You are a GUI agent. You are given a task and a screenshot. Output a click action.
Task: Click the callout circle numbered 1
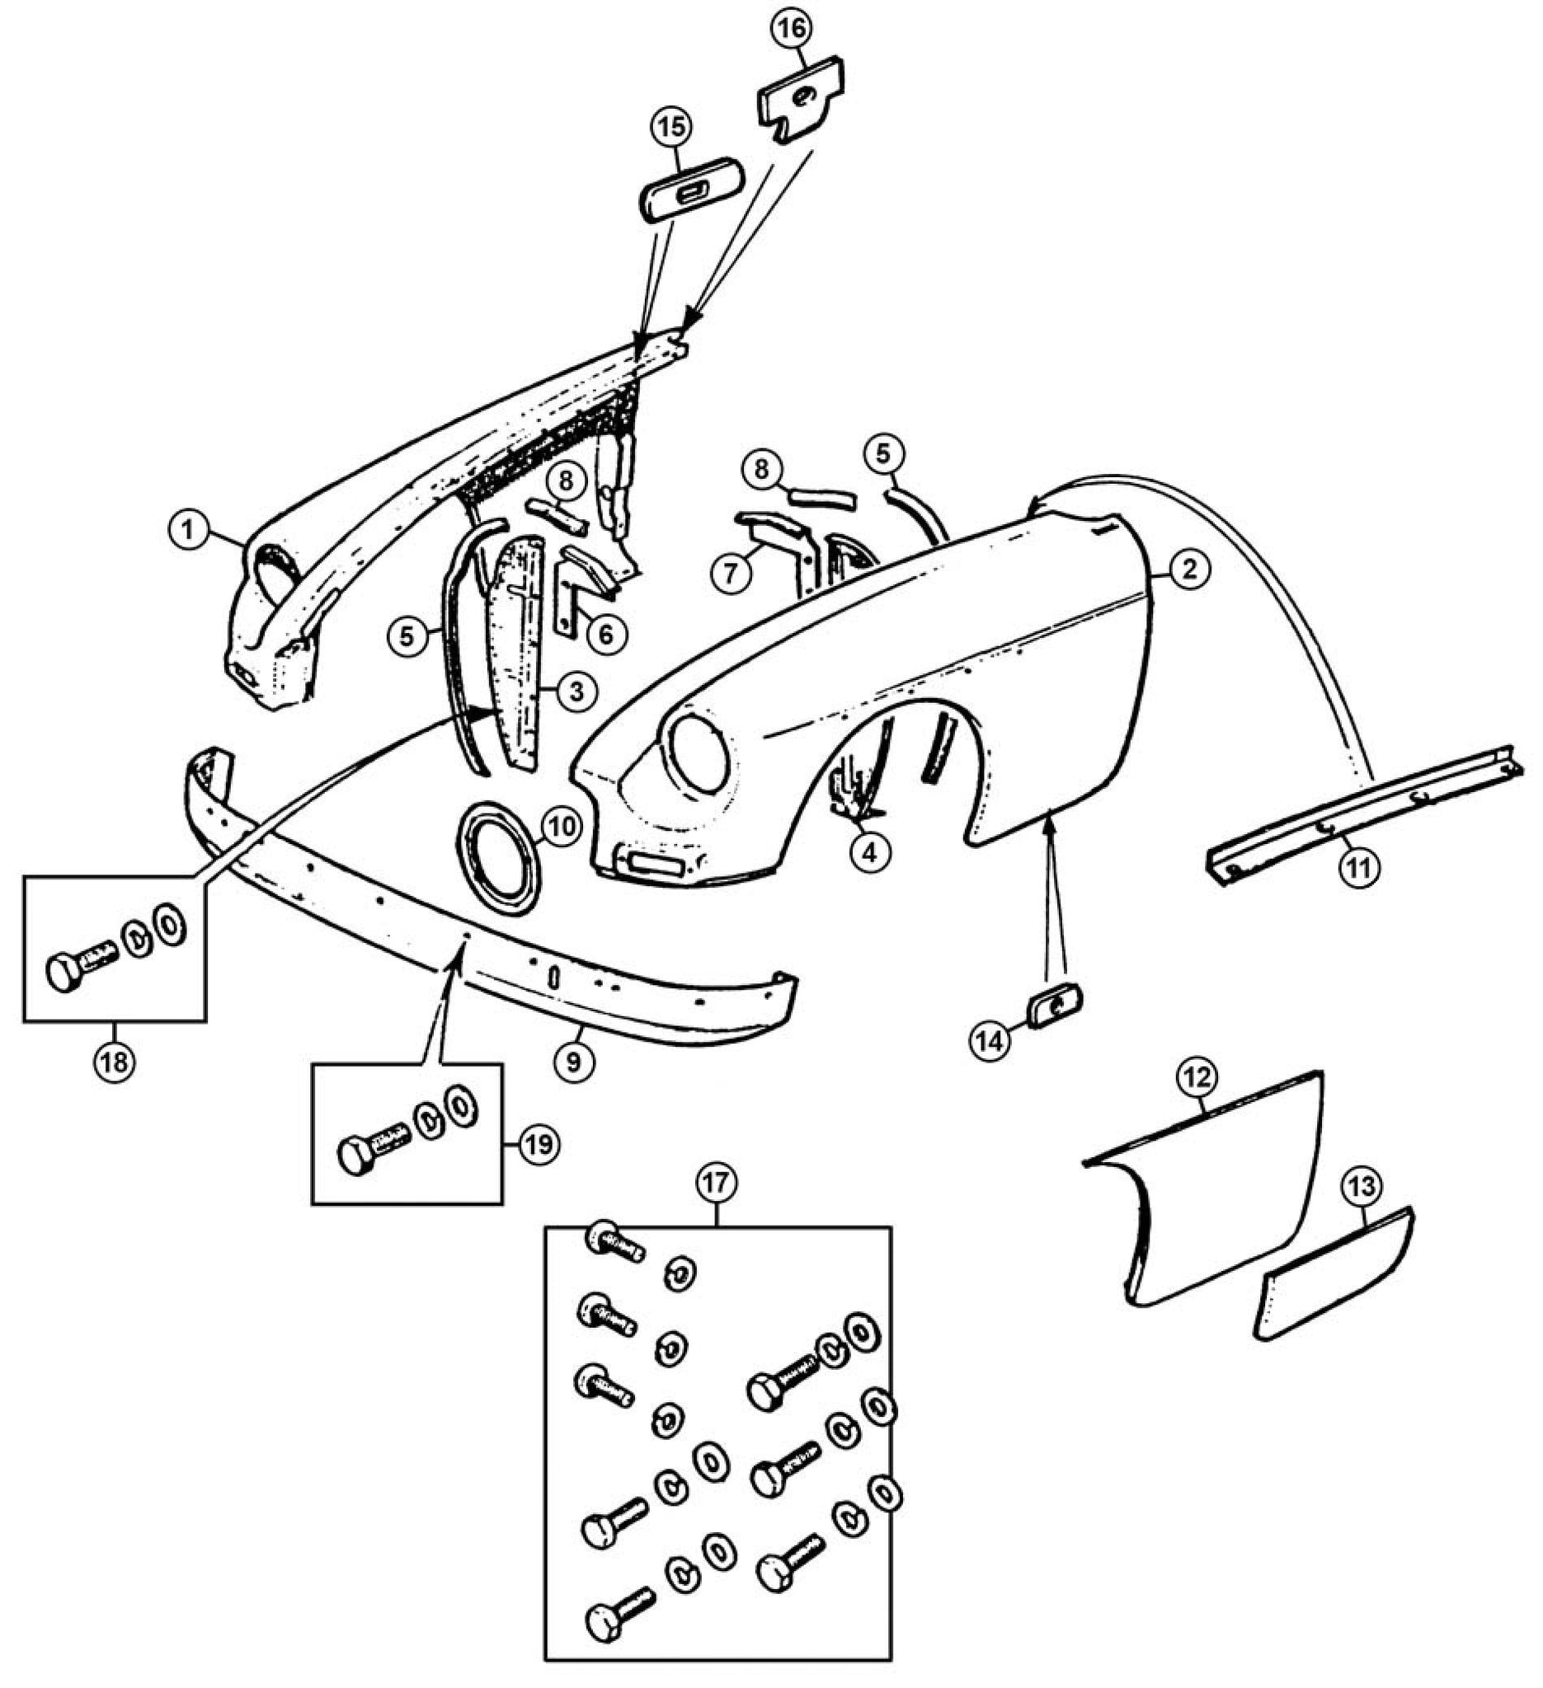[x=191, y=531]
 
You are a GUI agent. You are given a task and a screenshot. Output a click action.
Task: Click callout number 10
[x=561, y=828]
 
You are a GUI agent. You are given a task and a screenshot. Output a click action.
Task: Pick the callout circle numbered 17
[x=717, y=1184]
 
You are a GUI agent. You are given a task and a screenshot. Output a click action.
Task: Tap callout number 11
[x=1358, y=869]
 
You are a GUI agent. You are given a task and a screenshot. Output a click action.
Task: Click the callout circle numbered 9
[x=575, y=1062]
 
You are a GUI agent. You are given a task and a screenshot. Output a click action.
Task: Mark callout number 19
[x=539, y=1144]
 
